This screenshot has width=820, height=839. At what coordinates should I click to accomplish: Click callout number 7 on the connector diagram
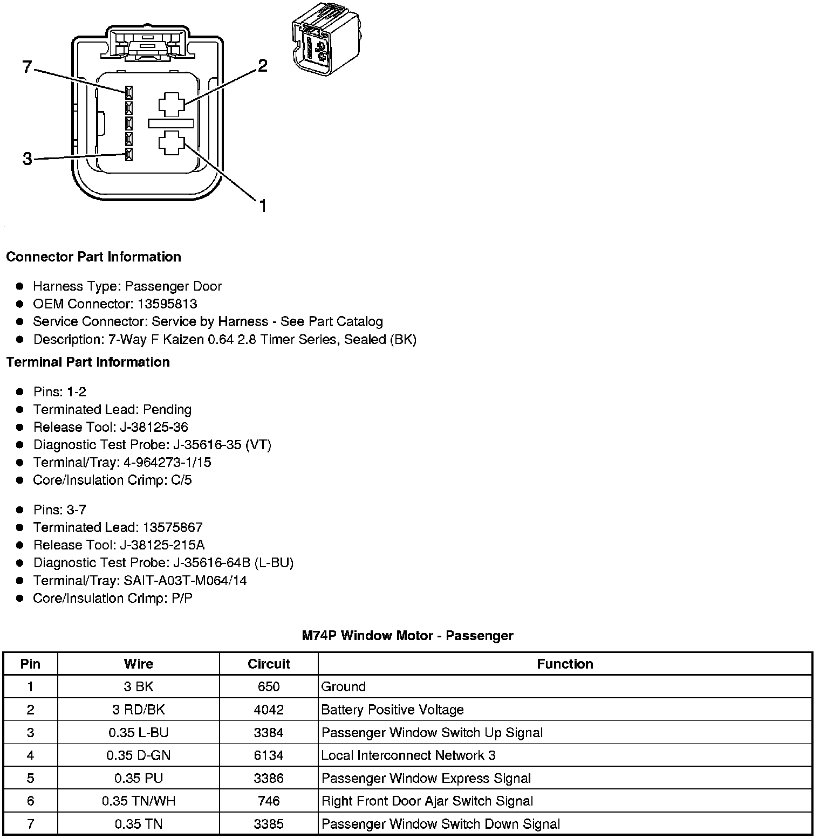(x=27, y=67)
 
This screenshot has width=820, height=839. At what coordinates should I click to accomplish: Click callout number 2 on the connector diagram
(x=262, y=66)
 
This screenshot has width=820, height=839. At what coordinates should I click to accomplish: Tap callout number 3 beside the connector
(x=28, y=159)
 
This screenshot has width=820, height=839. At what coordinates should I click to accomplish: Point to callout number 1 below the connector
(x=263, y=206)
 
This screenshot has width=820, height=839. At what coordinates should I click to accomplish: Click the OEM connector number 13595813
(x=167, y=304)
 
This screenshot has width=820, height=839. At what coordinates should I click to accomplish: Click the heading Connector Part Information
(x=93, y=257)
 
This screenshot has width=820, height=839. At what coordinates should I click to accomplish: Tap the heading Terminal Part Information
(x=88, y=362)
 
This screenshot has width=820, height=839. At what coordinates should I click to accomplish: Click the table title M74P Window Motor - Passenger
(x=407, y=636)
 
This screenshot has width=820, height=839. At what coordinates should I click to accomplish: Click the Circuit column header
(x=269, y=664)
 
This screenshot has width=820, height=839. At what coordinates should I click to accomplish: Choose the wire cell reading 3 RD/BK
(x=138, y=710)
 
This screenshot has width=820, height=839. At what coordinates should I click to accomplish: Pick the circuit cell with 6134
(x=269, y=755)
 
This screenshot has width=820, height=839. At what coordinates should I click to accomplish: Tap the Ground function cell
(x=344, y=686)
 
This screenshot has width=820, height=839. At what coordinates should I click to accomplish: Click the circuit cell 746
(x=269, y=801)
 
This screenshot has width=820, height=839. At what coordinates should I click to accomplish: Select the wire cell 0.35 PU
(x=138, y=778)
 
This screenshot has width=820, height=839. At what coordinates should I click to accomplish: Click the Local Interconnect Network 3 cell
(x=408, y=755)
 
